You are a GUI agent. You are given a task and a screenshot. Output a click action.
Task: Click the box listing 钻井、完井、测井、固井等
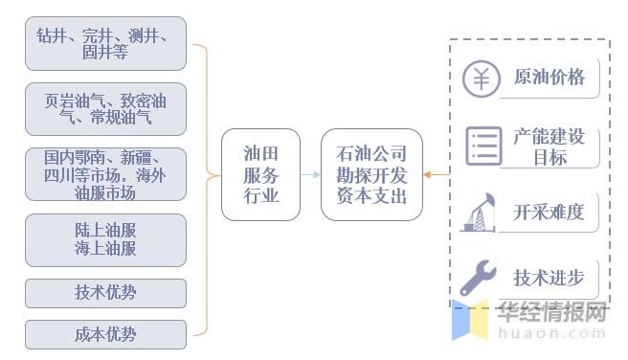click(x=105, y=43)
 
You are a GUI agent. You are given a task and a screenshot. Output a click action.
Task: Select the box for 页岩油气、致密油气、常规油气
click(x=105, y=109)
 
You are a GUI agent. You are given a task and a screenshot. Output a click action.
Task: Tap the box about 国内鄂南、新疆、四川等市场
click(x=105, y=174)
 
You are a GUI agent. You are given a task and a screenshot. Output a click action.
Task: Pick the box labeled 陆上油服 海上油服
click(x=105, y=239)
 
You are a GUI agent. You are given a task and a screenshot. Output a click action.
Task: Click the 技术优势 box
click(x=105, y=292)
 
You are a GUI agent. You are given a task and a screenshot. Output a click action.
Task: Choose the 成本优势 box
click(x=105, y=334)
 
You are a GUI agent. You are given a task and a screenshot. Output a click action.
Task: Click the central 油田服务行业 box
click(x=260, y=174)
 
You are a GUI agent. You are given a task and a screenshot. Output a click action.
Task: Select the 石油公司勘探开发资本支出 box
click(x=371, y=174)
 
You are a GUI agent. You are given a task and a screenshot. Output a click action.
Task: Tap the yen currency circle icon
click(x=482, y=79)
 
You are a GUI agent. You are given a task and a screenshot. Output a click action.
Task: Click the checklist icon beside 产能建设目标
click(x=483, y=146)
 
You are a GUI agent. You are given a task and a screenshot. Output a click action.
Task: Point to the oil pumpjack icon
click(x=479, y=213)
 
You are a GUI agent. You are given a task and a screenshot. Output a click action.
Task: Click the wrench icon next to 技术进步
click(x=478, y=278)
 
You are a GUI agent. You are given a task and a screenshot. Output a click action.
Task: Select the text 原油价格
click(x=549, y=78)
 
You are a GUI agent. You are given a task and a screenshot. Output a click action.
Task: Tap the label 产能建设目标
click(x=549, y=146)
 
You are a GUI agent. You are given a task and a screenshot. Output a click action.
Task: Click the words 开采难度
click(x=549, y=212)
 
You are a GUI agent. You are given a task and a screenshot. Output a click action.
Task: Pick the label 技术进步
click(x=549, y=278)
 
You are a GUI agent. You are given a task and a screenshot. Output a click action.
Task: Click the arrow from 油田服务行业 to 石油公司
click(x=310, y=174)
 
